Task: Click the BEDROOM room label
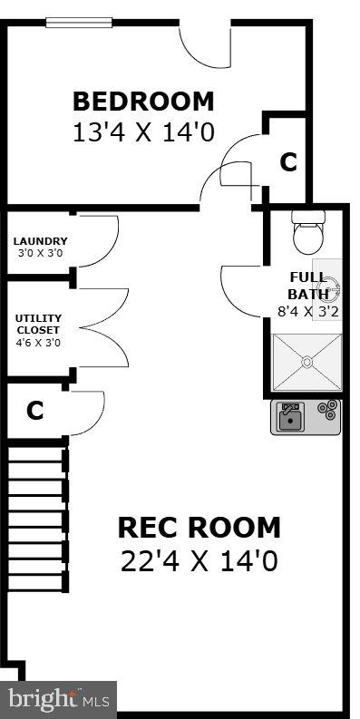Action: click(x=143, y=101)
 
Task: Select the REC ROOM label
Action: click(x=199, y=527)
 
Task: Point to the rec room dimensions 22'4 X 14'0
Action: click(x=199, y=560)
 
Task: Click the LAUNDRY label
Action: click(x=40, y=241)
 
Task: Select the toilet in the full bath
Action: click(x=308, y=233)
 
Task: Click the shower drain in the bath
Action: click(x=307, y=362)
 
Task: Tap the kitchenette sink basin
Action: click(x=290, y=417)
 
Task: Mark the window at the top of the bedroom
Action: click(x=79, y=22)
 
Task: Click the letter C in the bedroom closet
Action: click(x=287, y=162)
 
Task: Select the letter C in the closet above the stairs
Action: click(x=34, y=411)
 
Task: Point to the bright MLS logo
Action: click(x=59, y=699)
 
